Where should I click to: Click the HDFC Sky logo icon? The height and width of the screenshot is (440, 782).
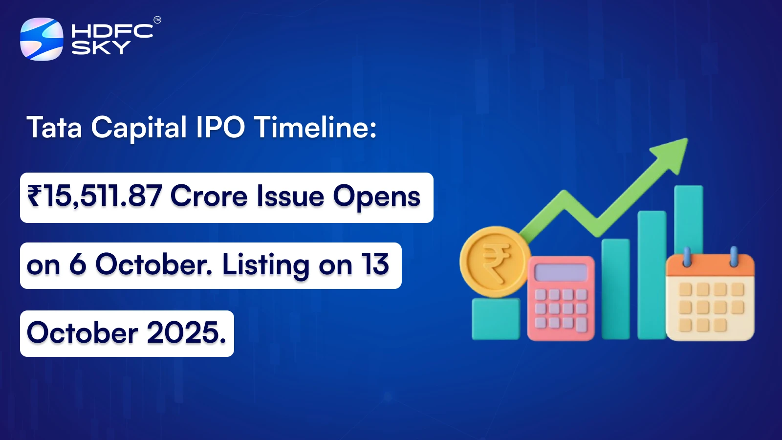(42, 39)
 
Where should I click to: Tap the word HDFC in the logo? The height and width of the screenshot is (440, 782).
(112, 31)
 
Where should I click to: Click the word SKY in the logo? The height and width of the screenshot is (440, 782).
(101, 47)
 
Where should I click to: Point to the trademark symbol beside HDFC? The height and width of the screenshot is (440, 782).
(157, 20)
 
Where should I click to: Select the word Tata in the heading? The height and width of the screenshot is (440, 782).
(54, 128)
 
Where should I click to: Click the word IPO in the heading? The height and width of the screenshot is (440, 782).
(220, 128)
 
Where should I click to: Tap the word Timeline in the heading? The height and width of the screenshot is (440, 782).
(315, 128)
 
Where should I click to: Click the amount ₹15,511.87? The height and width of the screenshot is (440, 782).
(94, 197)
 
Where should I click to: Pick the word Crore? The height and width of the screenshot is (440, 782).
(209, 197)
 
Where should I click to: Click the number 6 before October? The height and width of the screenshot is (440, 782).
(78, 265)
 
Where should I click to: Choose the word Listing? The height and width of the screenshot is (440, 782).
(265, 266)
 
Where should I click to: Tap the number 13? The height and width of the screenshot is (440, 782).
(375, 265)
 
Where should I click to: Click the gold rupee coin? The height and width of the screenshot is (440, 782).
(495, 261)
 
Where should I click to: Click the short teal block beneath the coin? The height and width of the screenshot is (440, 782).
(496, 319)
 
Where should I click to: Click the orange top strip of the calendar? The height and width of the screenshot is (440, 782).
(710, 267)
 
